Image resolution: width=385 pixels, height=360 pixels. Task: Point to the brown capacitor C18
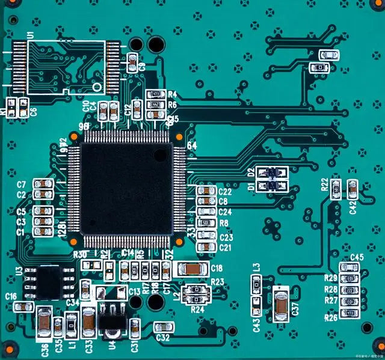point(191,269)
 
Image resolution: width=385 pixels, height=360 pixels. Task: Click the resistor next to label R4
point(155,94)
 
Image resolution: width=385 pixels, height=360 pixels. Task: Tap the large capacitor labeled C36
point(44,323)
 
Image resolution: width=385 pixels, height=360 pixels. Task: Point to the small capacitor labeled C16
point(23,307)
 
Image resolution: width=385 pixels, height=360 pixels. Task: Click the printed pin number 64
point(192,146)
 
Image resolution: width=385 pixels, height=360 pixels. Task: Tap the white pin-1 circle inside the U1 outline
point(96,86)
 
